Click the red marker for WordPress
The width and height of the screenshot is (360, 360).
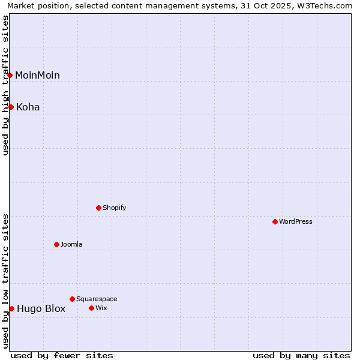[275, 221]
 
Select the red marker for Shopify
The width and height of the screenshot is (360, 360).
[99, 208]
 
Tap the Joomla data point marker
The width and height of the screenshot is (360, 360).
[57, 244]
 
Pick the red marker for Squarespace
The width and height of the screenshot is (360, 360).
[73, 299]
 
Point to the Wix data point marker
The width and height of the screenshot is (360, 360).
[92, 308]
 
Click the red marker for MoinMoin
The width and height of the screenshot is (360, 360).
[10, 75]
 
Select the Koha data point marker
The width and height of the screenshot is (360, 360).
[11, 107]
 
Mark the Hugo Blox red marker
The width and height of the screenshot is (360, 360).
[11, 308]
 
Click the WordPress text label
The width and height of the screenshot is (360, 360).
[296, 221]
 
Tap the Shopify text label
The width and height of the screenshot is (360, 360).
[114, 208]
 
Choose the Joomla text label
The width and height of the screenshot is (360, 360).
[71, 244]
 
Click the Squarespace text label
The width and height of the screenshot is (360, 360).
[97, 299]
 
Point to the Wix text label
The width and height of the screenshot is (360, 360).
[101, 308]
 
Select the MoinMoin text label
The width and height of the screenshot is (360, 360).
[37, 75]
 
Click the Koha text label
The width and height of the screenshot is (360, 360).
[28, 107]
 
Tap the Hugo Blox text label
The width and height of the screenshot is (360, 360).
[41, 308]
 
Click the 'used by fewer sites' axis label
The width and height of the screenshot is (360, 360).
[62, 355]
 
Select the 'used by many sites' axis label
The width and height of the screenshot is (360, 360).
[301, 355]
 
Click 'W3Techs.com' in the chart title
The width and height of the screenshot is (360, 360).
[323, 5]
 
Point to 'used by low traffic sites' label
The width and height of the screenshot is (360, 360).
[5, 280]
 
